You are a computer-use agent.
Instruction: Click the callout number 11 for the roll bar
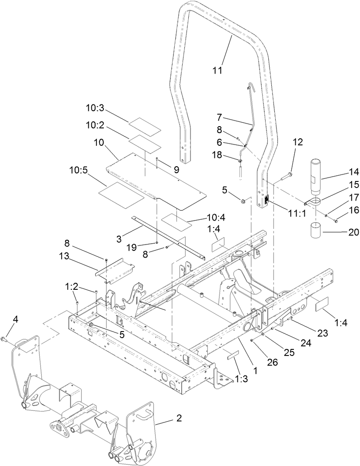pos(217,70)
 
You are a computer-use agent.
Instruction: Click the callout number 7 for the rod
pos(220,117)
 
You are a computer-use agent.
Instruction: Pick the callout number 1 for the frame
pos(256,371)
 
